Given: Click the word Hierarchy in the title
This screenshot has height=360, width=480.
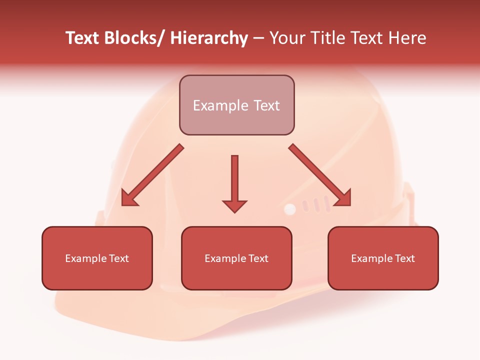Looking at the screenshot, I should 209,38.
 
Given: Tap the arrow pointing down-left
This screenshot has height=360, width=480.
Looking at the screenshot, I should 152,175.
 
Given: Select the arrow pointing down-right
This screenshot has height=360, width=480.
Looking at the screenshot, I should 320,175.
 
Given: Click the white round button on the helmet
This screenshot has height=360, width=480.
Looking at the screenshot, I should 290,209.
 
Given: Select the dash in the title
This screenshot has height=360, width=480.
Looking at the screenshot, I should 258,38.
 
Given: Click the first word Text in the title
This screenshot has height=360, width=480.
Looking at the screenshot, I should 83,38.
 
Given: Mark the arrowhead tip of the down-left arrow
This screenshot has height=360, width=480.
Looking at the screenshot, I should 122,205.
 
